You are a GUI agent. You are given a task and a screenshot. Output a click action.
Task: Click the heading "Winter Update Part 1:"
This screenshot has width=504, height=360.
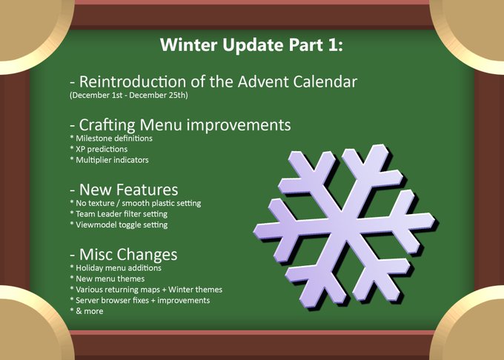pos(252,45)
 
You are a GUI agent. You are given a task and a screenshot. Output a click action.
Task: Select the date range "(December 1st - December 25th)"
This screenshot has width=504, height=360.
pos(128,96)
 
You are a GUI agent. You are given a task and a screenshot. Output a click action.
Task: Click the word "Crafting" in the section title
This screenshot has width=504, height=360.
pos(107,125)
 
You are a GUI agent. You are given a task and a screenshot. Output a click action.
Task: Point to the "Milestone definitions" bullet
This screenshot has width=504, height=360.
pos(111,139)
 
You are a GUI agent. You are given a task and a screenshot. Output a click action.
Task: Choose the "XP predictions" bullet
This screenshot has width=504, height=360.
pos(99,150)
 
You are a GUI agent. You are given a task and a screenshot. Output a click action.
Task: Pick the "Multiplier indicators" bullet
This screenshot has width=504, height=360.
pos(109,160)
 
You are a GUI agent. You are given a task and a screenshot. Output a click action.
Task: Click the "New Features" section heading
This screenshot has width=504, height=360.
pos(124,190)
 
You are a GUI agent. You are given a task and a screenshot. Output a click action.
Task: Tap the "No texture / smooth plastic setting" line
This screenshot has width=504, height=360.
pos(136,203)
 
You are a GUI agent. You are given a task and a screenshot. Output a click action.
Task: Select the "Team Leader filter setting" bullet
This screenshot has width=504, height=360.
pos(119,214)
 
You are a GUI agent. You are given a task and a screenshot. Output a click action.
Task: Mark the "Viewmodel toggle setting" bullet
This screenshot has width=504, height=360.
pos(119,224)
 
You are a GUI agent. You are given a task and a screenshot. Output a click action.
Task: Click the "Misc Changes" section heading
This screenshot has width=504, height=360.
pos(124,255)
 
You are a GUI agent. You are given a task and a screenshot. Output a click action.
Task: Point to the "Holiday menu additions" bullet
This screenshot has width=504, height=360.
pos(116,268)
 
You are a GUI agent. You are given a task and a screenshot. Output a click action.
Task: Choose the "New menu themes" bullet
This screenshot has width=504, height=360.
pos(107,279)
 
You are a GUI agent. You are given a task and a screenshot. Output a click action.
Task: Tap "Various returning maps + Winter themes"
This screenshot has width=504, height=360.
pos(146,290)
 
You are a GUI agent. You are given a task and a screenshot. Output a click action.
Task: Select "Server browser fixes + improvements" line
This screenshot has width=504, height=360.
pos(140,300)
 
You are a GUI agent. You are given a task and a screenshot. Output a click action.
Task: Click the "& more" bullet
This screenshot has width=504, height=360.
pos(87,311)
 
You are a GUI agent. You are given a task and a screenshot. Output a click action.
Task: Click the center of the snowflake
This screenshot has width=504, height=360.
pos(344,227)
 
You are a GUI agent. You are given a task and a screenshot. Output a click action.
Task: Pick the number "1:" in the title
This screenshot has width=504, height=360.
pos(336,45)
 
